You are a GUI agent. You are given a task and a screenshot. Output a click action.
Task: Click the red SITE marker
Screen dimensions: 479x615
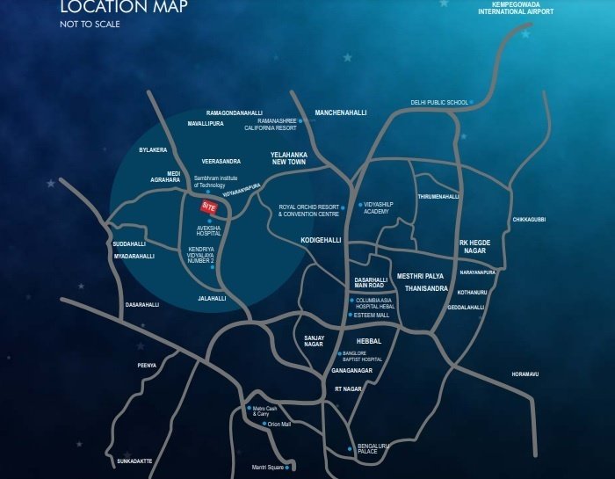pyautogui.click(x=208, y=206)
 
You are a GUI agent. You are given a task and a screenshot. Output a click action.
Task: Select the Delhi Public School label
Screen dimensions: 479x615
pyautogui.click(x=439, y=102)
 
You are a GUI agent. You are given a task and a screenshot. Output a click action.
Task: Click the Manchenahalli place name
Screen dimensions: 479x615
pyautogui.click(x=340, y=112)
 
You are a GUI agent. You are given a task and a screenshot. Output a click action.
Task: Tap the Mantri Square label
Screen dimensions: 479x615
pyautogui.click(x=271, y=466)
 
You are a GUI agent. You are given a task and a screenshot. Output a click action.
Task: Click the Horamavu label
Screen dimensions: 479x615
pyautogui.click(x=525, y=374)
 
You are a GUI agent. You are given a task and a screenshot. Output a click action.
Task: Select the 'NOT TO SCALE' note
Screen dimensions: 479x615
pyautogui.click(x=90, y=24)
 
